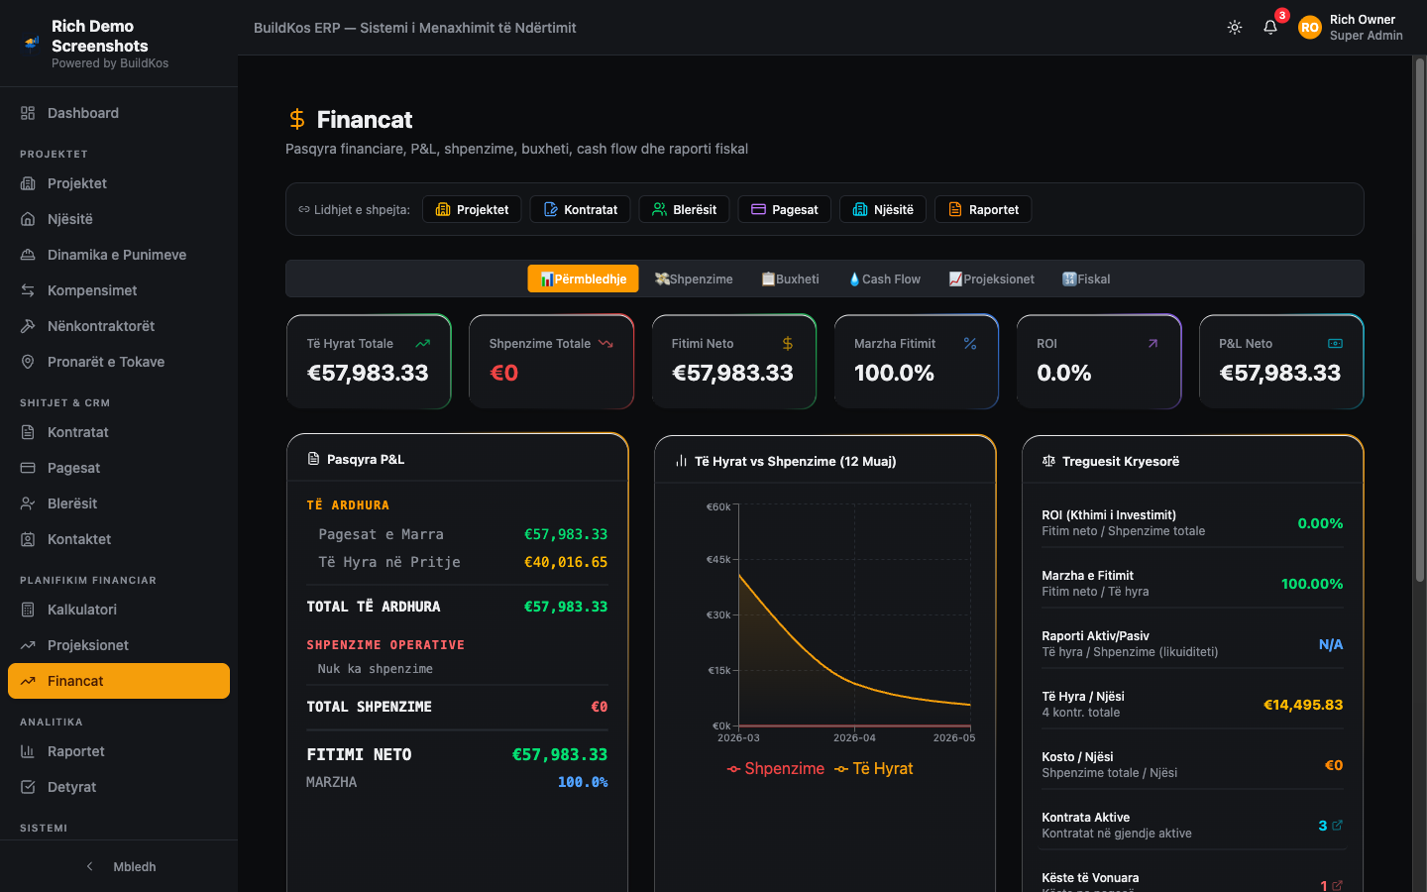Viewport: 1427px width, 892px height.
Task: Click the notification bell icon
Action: point(1269,28)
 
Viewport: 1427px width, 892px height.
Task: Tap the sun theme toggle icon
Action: point(1234,28)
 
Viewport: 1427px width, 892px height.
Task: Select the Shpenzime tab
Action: point(694,279)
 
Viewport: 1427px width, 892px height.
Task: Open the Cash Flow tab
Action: point(884,279)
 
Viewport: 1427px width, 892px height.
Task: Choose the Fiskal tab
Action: point(1085,279)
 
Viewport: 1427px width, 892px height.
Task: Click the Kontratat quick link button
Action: point(580,210)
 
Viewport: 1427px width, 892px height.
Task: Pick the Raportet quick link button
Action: point(983,210)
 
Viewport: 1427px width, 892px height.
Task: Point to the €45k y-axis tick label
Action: point(718,559)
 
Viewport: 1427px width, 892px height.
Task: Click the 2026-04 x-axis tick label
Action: point(854,737)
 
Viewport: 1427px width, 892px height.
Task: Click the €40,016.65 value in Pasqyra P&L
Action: point(566,562)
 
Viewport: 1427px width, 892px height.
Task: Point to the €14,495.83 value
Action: point(1303,705)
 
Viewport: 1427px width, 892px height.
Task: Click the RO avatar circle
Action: point(1310,28)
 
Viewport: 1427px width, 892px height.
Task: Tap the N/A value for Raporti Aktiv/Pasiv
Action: point(1330,644)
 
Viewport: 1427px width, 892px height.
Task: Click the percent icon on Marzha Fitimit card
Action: point(969,343)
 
